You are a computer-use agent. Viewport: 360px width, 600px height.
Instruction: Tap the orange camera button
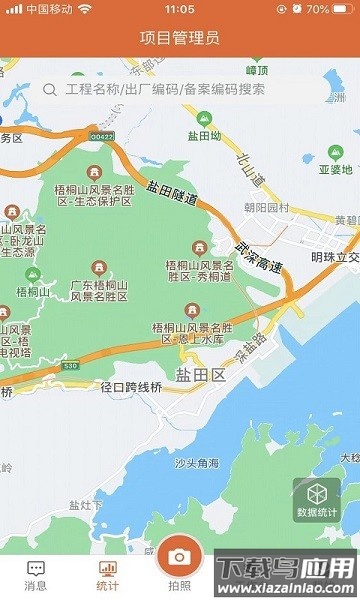click(179, 556)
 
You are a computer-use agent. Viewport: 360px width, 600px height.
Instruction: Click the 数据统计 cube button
click(317, 498)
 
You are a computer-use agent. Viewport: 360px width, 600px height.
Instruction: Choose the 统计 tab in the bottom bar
click(107, 576)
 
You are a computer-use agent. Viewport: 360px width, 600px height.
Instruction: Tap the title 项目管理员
click(180, 38)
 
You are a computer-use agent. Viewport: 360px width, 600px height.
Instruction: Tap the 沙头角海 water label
click(197, 463)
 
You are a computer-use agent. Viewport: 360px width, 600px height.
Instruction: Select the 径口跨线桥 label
click(131, 387)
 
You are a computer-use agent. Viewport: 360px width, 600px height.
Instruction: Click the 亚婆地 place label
click(337, 169)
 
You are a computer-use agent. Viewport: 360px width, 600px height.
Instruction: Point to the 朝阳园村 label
click(266, 207)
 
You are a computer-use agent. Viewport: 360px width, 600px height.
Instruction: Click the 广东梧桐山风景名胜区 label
click(98, 292)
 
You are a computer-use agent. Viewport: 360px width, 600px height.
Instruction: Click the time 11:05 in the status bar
click(180, 8)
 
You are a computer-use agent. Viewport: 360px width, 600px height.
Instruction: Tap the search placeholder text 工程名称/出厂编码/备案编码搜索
click(165, 89)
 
